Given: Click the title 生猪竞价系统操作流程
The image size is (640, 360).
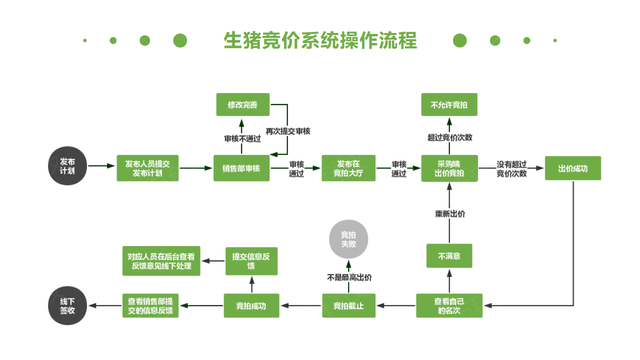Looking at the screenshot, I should (x=320, y=40).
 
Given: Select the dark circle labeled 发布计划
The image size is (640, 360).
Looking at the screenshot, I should (x=67, y=166).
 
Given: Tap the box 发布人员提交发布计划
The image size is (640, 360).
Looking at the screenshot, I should (x=147, y=168).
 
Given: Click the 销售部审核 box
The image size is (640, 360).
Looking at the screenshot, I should (x=241, y=168).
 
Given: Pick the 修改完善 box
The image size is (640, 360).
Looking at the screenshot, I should (x=242, y=104).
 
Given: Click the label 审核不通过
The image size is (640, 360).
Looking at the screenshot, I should (x=242, y=138).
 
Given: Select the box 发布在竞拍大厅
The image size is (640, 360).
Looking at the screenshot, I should (x=348, y=168).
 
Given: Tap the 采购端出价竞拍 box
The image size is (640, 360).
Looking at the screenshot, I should (x=449, y=168).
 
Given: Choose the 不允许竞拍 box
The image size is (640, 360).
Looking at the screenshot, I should (x=449, y=105).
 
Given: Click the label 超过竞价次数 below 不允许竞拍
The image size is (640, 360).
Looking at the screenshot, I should (x=449, y=137).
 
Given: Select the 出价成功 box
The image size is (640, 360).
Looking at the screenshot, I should (x=572, y=168).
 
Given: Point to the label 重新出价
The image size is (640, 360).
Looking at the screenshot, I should (x=449, y=214).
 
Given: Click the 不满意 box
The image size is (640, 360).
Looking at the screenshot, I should (x=449, y=256).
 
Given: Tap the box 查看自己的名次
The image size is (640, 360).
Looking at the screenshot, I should (x=449, y=305).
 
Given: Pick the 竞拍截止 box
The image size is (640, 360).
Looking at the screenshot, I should (x=348, y=305).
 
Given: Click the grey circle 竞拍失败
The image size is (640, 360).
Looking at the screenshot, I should (x=348, y=239).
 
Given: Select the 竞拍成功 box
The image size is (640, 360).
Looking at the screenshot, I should (x=251, y=305).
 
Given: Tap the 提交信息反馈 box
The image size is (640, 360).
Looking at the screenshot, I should (x=251, y=261).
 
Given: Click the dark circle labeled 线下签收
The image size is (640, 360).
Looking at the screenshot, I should (x=67, y=305).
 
